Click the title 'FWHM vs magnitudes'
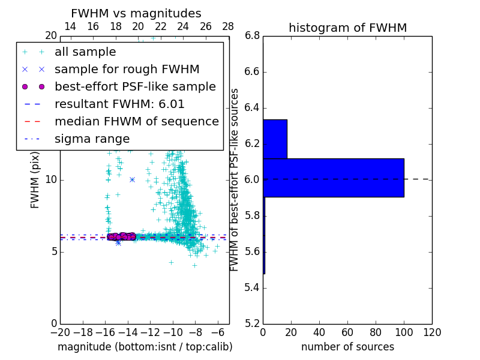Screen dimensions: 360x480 pos(136,13)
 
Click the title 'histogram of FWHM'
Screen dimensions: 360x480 pos(347,28)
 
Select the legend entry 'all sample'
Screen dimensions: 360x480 pos(85,52)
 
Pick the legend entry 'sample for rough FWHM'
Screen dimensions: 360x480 pos(127,69)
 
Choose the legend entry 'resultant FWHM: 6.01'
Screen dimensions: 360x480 pos(119,104)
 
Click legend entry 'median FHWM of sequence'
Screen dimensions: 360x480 pos(136,121)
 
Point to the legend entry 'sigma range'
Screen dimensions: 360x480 pos(92,139)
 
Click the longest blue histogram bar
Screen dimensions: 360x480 pos(334,178)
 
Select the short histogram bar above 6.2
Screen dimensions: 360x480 pos(275,139)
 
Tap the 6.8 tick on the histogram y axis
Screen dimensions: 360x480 pos(252,35)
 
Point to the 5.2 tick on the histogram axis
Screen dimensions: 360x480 pos(252,323)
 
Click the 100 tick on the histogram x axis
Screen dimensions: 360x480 pos(404,332)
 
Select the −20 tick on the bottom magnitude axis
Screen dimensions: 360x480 pos(60,332)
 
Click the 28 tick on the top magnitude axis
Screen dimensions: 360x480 pos(228,26)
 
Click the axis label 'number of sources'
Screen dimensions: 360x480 pos(347,347)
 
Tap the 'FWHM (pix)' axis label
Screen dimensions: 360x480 pos(35,179)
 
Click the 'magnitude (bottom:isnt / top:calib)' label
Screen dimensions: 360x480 pos(145,347)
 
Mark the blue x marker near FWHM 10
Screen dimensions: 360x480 pos(132,179)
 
